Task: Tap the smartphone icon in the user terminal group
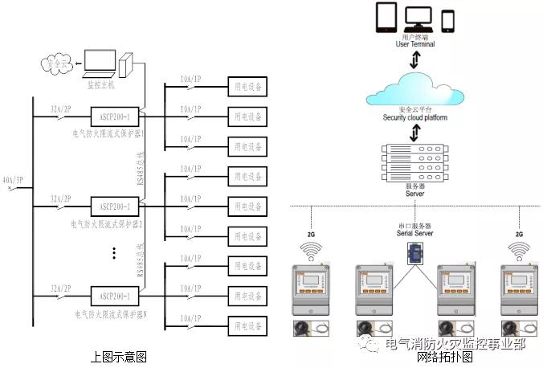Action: [448, 20]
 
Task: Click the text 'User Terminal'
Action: [415, 44]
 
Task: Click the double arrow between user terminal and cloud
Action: [414, 60]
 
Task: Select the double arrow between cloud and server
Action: [415, 133]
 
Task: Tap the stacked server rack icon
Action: [414, 166]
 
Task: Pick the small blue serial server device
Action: [416, 252]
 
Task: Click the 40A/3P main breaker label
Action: [12, 181]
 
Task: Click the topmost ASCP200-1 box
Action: [114, 116]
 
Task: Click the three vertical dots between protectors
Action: [115, 253]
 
